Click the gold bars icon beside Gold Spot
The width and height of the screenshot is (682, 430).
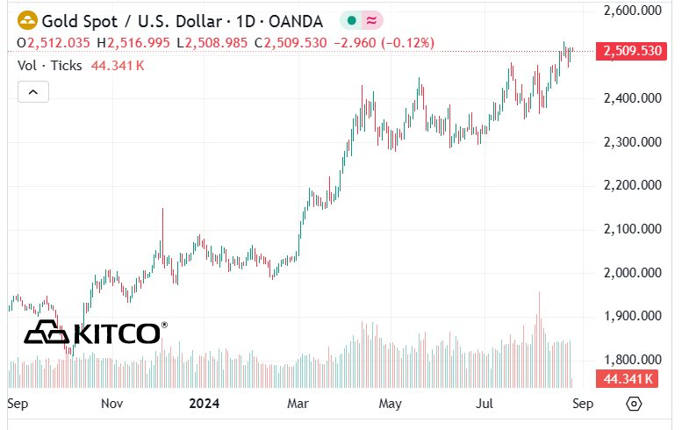27,21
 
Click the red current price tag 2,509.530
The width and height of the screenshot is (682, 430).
631,51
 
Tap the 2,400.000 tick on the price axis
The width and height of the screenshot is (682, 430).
633,98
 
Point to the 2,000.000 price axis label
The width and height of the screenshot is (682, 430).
633,273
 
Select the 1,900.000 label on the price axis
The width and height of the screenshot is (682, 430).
633,316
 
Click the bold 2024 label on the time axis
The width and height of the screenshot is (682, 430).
204,404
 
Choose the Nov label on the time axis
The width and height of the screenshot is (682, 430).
111,404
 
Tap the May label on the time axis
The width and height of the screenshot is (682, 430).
390,404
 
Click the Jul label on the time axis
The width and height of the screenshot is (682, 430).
485,404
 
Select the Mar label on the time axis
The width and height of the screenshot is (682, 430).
298,404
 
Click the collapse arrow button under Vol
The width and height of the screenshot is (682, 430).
33,92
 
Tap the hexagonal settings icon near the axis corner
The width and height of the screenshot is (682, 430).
634,404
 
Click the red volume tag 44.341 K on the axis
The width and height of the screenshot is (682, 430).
628,379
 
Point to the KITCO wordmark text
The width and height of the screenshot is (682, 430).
117,334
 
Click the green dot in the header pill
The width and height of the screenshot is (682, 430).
352,20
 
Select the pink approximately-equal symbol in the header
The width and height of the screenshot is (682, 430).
371,20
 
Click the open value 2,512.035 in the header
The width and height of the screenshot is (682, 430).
59,43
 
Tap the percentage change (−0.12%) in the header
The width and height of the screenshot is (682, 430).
407,43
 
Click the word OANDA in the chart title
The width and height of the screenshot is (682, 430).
296,21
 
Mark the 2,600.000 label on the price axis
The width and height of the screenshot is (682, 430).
633,11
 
